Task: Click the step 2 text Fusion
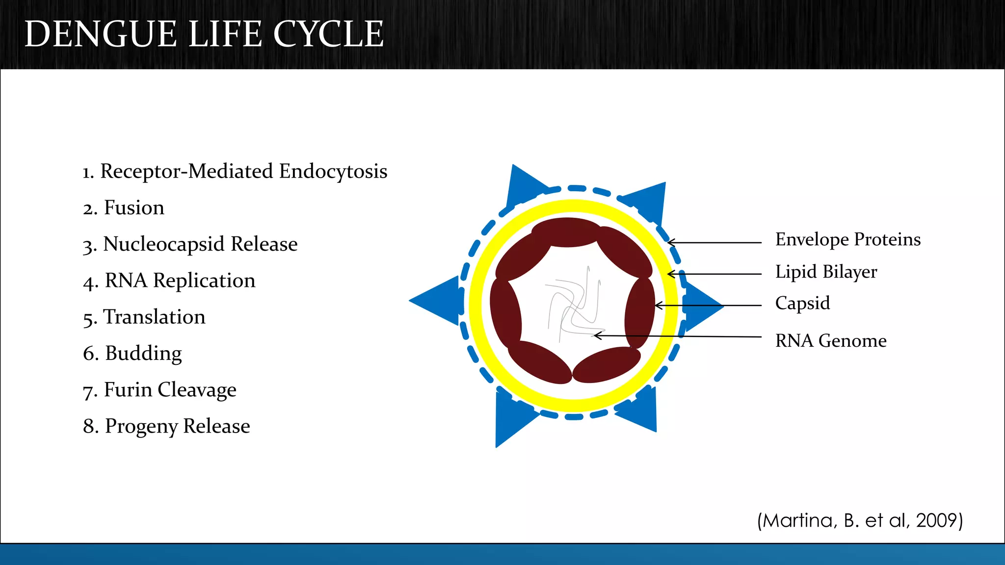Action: tap(134, 208)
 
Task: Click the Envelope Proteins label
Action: tap(847, 239)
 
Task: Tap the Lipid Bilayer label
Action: tap(826, 272)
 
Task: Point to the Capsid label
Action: tap(802, 303)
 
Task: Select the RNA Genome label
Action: tap(831, 341)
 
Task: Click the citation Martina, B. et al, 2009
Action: tap(860, 520)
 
